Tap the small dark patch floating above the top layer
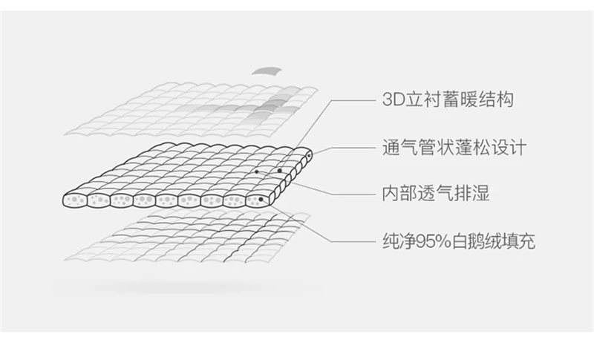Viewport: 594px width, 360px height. pos(267,71)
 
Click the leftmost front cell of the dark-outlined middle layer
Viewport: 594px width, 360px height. pos(74,200)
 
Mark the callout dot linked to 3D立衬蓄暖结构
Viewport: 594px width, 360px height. pos(280,171)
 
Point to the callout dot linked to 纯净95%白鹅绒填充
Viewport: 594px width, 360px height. pos(260,199)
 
